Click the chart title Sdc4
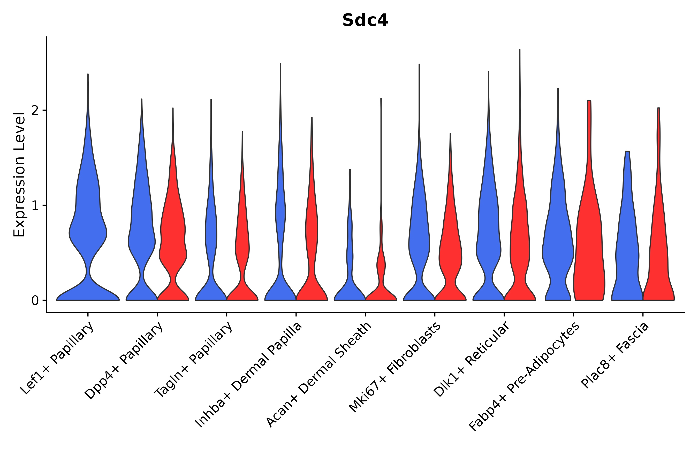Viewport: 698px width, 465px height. [x=365, y=20]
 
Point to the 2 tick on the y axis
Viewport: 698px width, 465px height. [x=35, y=110]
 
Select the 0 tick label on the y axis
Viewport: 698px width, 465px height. [x=35, y=301]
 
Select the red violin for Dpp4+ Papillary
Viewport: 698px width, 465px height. [x=173, y=237]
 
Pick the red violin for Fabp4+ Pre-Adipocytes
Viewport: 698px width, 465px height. [x=589, y=237]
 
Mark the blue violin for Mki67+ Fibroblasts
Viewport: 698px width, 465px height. [x=419, y=237]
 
